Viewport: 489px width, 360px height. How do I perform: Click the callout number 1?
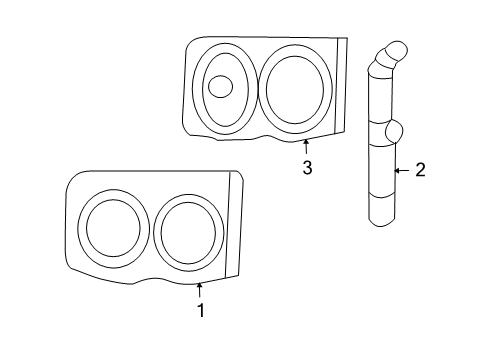pyautogui.click(x=200, y=311)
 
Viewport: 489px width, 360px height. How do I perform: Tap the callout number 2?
pyautogui.click(x=420, y=171)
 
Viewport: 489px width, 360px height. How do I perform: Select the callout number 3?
pyautogui.click(x=307, y=168)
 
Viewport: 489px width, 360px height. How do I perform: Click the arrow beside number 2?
pyautogui.click(x=400, y=171)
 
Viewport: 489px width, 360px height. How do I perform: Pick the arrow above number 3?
pyautogui.click(x=307, y=148)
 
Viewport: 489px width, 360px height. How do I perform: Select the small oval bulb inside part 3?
pyautogui.click(x=220, y=86)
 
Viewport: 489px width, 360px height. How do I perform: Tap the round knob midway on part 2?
pyautogui.click(x=392, y=130)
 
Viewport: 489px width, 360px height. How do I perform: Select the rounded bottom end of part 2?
pyautogui.click(x=381, y=217)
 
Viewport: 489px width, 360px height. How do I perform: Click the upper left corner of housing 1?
pyautogui.click(x=74, y=176)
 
